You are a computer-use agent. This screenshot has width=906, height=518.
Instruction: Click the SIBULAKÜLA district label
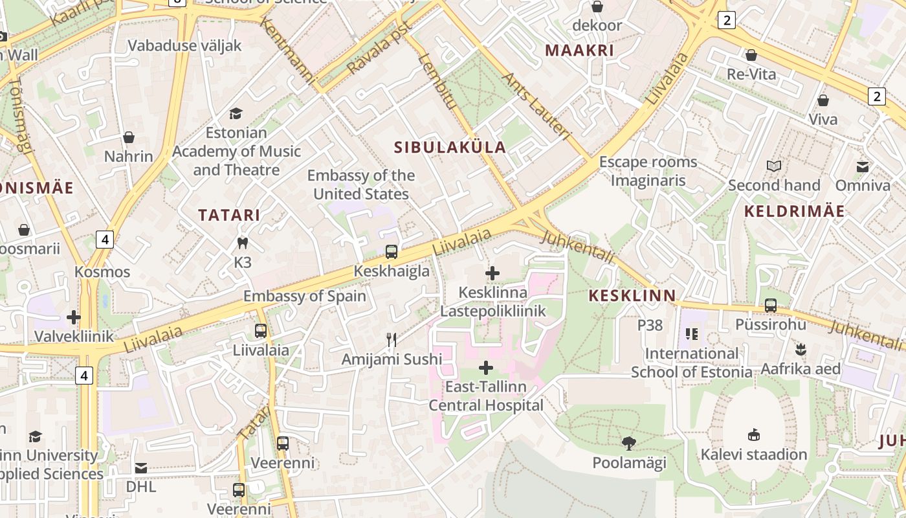450,147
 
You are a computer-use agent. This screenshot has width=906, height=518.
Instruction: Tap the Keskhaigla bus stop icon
392,252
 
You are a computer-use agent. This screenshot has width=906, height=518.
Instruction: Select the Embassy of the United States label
361,185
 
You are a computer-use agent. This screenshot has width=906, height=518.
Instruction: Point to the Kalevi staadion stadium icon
754,434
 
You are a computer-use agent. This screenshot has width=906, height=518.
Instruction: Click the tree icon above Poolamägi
628,444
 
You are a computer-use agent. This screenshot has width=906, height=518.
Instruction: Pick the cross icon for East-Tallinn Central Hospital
486,368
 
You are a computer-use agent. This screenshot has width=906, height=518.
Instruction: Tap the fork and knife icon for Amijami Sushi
392,340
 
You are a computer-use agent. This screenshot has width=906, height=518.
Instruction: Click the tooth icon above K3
243,243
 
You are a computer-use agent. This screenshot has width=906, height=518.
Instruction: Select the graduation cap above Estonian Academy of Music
236,113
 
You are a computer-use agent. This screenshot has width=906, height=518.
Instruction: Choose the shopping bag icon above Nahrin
129,137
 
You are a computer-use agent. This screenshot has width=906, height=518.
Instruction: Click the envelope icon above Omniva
863,167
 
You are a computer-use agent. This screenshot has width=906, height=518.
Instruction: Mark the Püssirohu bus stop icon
770,305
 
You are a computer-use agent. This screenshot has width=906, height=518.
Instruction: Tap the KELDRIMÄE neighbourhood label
794,211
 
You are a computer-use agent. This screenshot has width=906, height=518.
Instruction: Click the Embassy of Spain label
305,297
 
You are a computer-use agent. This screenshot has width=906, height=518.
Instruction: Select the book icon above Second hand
774,166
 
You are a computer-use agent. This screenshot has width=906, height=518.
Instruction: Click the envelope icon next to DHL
141,467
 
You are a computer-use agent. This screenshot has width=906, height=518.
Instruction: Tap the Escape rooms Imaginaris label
648,171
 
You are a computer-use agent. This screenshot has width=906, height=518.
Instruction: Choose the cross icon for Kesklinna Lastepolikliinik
492,273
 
